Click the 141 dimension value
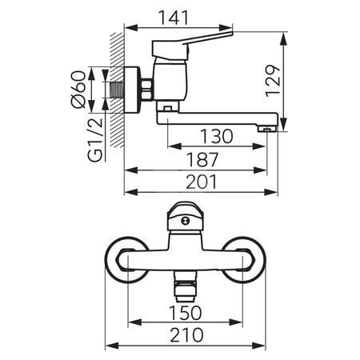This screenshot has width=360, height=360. pos(174,18)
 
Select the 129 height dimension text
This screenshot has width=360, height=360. pos(273,81)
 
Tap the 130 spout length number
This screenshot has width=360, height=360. pos(217,136)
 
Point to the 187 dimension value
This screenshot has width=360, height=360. pos(202,160)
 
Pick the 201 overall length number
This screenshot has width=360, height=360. pos(202,182)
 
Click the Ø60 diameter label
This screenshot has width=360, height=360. pos(78,90)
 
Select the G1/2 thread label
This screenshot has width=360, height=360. pos(95,140)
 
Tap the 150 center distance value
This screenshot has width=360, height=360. pos(186,313)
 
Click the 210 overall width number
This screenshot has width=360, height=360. pos(186,335)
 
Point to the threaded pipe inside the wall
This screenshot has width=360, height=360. pos(118,90)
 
